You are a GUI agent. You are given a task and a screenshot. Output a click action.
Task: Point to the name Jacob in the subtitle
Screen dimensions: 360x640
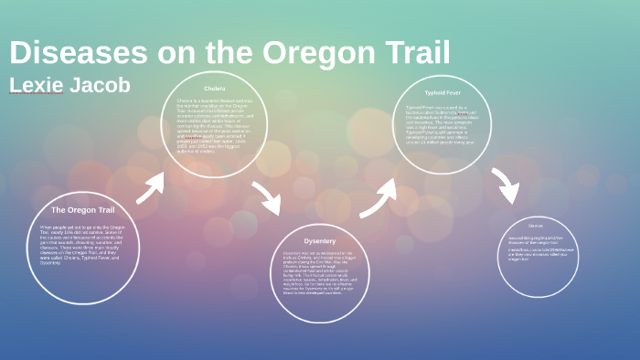tap(101, 85)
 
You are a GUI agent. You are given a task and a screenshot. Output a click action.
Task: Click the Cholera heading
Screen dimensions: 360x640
tap(214, 89)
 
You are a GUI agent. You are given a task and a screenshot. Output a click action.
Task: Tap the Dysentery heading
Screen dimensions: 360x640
tap(320, 240)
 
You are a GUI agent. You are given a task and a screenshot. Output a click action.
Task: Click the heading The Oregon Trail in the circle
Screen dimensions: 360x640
tap(82, 209)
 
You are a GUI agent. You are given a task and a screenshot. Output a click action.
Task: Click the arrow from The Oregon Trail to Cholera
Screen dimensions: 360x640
tap(151, 186)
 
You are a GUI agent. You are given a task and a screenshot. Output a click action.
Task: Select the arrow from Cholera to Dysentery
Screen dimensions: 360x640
tap(268, 197)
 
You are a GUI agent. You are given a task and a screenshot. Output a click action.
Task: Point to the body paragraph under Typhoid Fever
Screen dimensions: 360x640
tap(443, 124)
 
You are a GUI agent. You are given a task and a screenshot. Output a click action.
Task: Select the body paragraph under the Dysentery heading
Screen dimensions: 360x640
tap(320, 274)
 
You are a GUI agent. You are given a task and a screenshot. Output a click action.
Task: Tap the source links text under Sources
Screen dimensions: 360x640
tap(539, 249)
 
